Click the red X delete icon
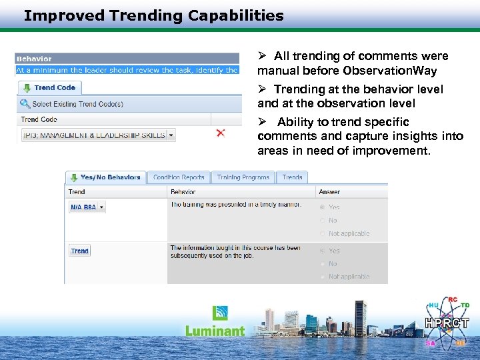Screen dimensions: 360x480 [221, 133]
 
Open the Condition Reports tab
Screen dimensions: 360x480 [179, 177]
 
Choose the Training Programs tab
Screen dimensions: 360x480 [243, 177]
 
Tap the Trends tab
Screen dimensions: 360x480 [292, 177]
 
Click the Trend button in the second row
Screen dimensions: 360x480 [80, 251]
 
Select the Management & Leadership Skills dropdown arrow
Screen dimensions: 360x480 [171, 135]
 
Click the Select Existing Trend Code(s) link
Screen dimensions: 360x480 [77, 104]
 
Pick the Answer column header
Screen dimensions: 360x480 [329, 192]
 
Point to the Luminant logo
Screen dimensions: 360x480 [215, 323]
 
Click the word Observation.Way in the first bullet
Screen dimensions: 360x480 [395, 71]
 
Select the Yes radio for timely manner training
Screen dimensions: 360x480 [323, 207]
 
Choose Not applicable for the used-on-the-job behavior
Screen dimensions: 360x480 [323, 277]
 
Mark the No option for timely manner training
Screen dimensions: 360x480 [323, 220]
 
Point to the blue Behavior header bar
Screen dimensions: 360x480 [127, 59]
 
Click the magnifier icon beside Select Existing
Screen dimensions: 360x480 [25, 104]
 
